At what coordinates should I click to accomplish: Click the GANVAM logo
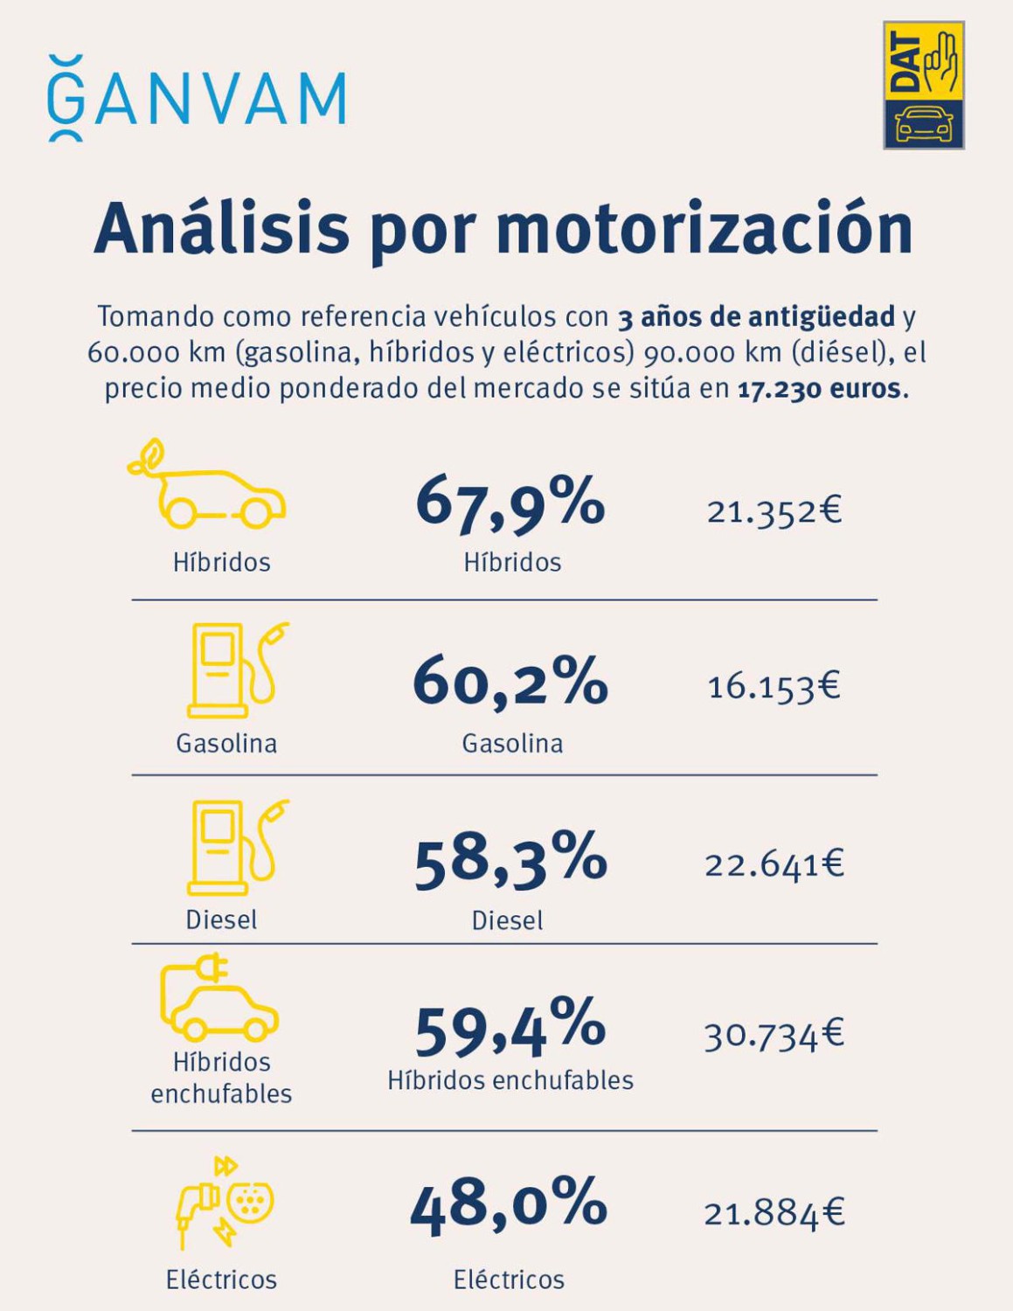[x=198, y=99]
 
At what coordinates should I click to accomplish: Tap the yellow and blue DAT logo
[x=923, y=86]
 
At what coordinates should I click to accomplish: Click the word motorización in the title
[x=704, y=229]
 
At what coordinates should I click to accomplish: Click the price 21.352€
[x=774, y=510]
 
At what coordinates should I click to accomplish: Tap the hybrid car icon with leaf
[x=208, y=486]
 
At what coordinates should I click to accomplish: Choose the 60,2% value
[x=510, y=681]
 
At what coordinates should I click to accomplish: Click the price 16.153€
[x=774, y=686]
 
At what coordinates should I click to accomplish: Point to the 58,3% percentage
[x=510, y=858]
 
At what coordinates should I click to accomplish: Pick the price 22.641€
[x=774, y=864]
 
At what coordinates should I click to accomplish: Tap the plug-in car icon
[x=219, y=997]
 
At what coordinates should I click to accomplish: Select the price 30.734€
[x=774, y=1036]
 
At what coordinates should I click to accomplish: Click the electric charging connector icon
[x=225, y=1203]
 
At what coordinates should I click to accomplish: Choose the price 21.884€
[x=774, y=1213]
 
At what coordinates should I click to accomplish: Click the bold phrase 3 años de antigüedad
[x=756, y=316]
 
